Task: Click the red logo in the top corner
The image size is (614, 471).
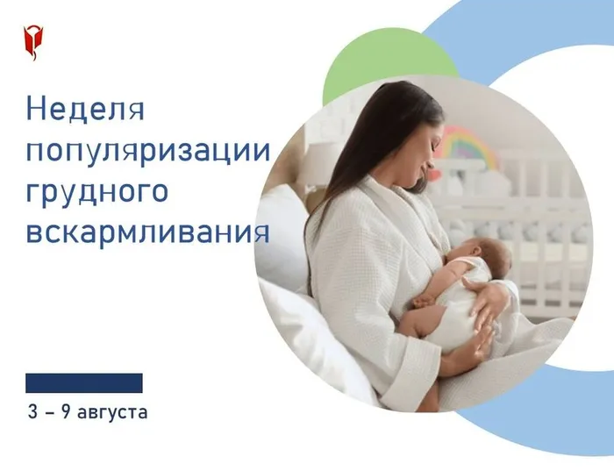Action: [x=33, y=43]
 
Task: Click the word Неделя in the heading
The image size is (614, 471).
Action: [x=85, y=109]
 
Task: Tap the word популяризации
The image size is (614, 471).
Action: [x=148, y=150]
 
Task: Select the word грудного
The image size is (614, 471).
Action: [x=97, y=192]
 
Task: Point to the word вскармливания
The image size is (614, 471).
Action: [x=147, y=232]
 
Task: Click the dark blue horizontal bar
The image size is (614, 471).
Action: [x=84, y=383]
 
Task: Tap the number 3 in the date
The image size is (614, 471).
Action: [x=33, y=411]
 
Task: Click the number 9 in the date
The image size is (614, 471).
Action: [x=66, y=411]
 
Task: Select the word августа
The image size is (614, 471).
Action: [x=112, y=412]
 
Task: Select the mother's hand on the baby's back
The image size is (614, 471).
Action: [x=486, y=297]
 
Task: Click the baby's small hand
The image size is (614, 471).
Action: [x=421, y=301]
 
